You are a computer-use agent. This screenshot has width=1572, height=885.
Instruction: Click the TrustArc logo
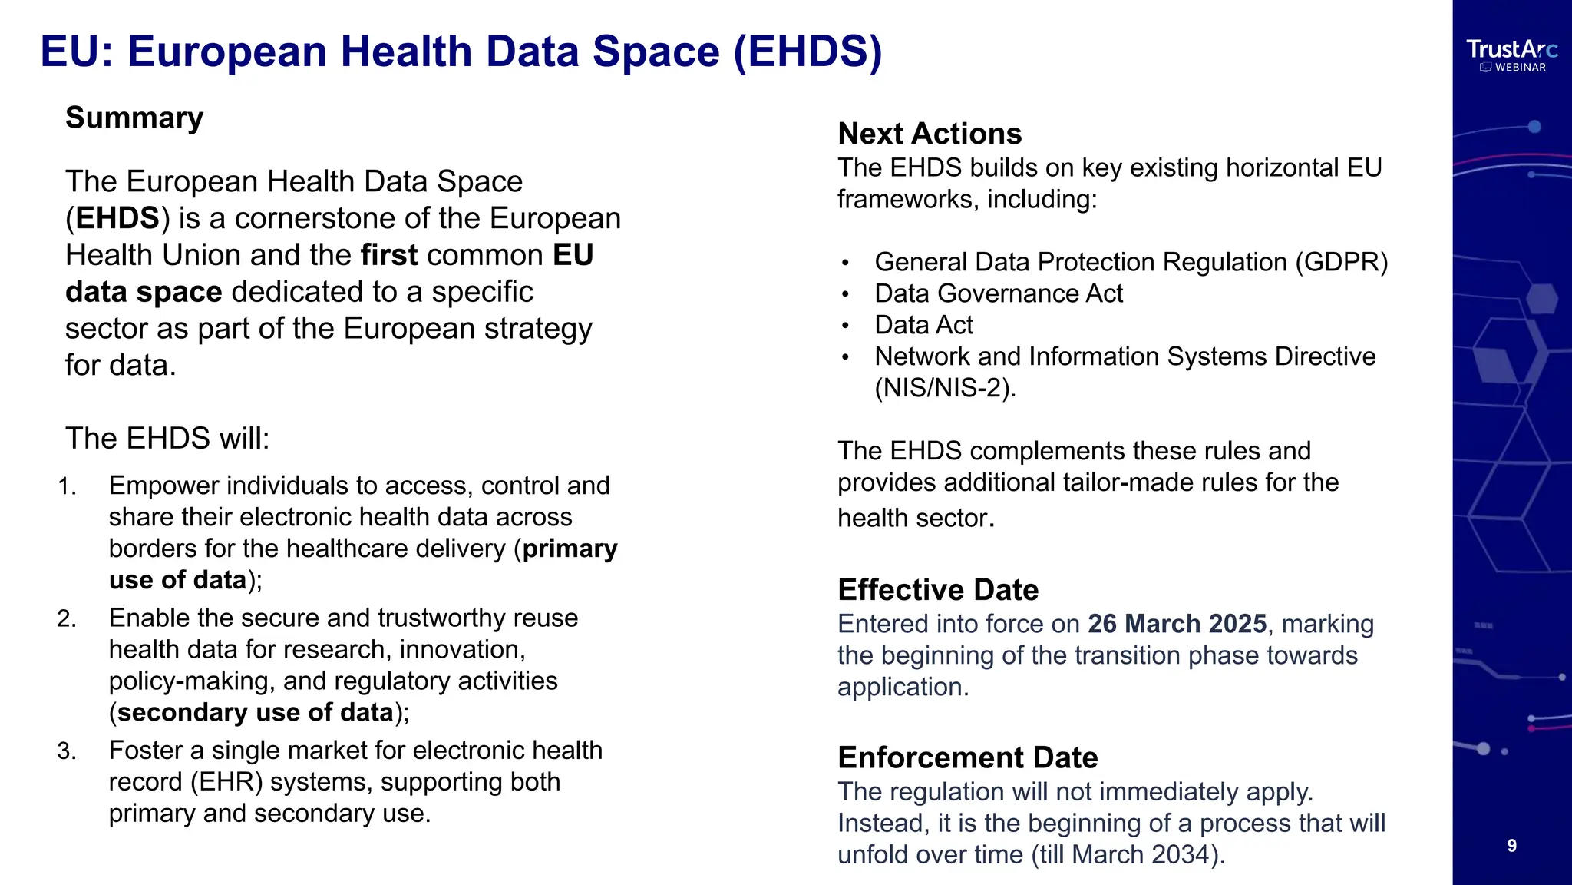tap(1511, 50)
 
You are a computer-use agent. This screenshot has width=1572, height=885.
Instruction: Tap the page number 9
tap(1511, 846)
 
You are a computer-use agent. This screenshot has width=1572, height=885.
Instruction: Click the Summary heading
tap(134, 118)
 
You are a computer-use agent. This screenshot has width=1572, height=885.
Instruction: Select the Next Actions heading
tap(930, 134)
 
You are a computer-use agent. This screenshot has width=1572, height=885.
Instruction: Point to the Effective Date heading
tap(938, 590)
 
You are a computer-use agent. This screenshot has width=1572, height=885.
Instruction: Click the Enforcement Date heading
tap(967, 757)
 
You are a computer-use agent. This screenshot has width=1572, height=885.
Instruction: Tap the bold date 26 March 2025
tap(1177, 624)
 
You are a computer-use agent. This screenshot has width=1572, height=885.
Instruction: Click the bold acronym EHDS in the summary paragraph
tap(117, 218)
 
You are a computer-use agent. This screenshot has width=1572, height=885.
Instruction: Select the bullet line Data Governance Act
tap(998, 293)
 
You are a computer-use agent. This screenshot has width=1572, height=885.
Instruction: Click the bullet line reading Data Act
tap(923, 325)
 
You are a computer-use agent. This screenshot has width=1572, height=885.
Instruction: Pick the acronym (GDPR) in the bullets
tap(1342, 262)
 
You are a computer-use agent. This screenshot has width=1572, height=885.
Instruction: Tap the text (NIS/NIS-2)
tap(945, 388)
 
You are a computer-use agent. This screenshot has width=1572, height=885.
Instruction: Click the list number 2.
tap(67, 618)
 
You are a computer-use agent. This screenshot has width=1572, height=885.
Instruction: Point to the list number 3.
tap(67, 751)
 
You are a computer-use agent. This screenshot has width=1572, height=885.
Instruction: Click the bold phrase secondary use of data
tap(255, 713)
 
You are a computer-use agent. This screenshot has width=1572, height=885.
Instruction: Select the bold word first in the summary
tap(389, 255)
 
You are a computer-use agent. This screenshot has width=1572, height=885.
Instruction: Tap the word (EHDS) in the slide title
tap(807, 51)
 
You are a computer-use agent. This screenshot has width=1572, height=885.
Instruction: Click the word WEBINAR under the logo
tap(1520, 68)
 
